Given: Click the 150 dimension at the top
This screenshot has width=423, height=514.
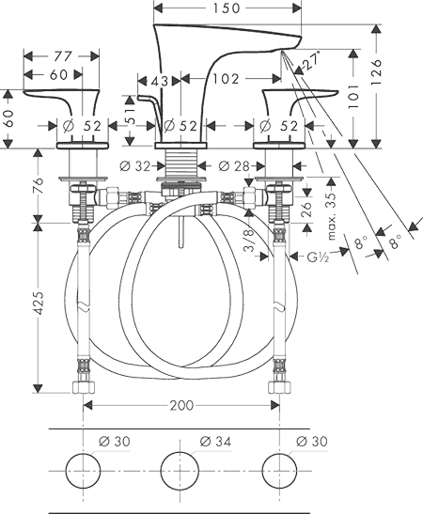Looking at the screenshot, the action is (x=227, y=8).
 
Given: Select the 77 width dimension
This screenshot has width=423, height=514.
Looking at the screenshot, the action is (x=63, y=56).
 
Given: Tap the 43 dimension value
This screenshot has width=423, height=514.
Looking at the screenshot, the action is (x=160, y=81).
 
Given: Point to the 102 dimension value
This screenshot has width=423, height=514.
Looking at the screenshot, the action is (x=227, y=79).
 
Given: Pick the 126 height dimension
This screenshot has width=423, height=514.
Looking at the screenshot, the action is (x=376, y=72).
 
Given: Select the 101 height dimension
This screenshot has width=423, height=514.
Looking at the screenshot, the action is (x=353, y=97).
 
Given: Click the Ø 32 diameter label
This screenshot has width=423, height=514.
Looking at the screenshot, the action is (x=135, y=166).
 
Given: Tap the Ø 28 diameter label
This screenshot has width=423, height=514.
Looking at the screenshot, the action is (x=234, y=166).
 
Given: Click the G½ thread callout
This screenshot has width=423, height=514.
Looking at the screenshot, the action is (x=318, y=257).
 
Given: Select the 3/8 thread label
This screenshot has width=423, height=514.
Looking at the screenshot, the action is (x=249, y=241).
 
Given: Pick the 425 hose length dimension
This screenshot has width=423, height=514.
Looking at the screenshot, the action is (x=39, y=304).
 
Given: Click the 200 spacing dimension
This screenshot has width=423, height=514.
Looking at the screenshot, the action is (x=181, y=406).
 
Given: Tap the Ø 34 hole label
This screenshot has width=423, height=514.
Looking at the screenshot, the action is (x=215, y=442).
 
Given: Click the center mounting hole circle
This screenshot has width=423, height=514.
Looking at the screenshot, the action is (x=180, y=471).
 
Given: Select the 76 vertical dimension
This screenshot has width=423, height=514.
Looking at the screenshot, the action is (x=39, y=185).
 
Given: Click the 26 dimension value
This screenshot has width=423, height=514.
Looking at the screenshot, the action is (x=306, y=210).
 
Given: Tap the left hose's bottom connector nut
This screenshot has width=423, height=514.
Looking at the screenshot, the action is (x=83, y=387).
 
